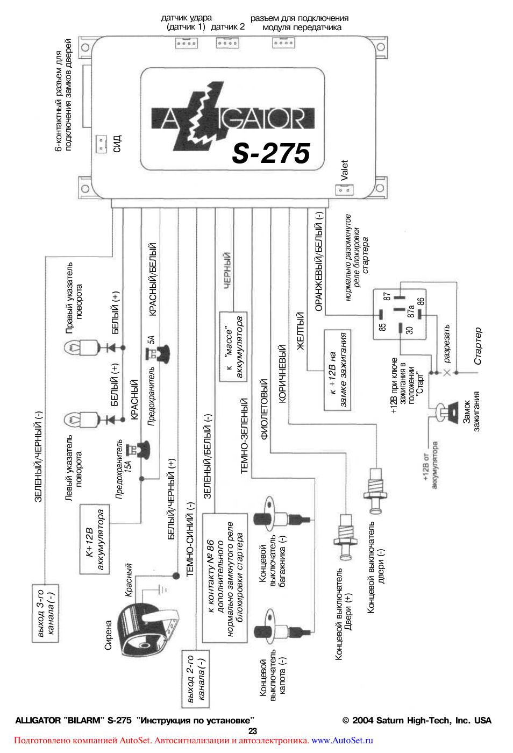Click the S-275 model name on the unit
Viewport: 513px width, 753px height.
pos(271,153)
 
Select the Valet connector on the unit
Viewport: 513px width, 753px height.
pos(344,190)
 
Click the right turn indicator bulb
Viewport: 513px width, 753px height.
pos(81,347)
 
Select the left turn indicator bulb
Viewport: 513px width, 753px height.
pos(81,419)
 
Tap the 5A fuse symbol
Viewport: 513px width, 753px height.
pos(159,353)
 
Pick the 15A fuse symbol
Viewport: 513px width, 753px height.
pos(141,449)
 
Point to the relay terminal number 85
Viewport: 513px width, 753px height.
pos(382,326)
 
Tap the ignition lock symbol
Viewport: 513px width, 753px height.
pos(446,411)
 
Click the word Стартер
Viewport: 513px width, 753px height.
pos(478,346)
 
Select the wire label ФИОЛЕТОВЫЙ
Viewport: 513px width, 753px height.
pos(264,409)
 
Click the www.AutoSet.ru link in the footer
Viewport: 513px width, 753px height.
pos(342,740)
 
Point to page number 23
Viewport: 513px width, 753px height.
pos(253,731)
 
